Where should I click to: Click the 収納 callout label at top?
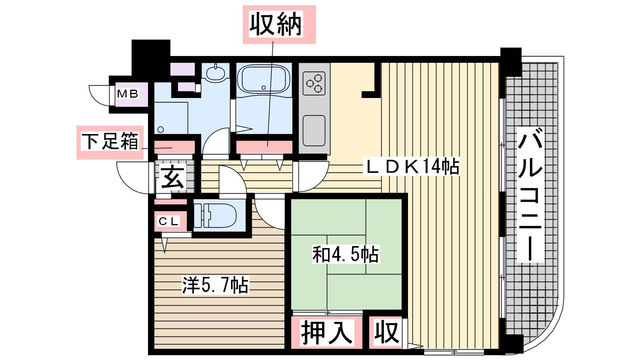tap(276, 24)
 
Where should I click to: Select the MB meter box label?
tap(128, 94)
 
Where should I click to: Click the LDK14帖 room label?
tap(411, 166)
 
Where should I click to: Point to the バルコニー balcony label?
tap(530, 195)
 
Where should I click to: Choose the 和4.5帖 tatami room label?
tap(346, 254)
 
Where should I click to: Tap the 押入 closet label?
tap(326, 333)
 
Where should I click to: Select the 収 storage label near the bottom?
tap(386, 333)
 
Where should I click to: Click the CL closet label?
tap(168, 221)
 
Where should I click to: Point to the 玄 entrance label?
tap(172, 177)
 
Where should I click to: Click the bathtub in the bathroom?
tap(264, 79)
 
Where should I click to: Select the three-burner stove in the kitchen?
tap(314, 83)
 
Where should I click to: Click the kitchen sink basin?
tap(314, 130)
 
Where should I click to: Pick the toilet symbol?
tap(214, 216)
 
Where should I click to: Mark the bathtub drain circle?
tap(264, 88)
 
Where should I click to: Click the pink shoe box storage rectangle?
tap(174, 147)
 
